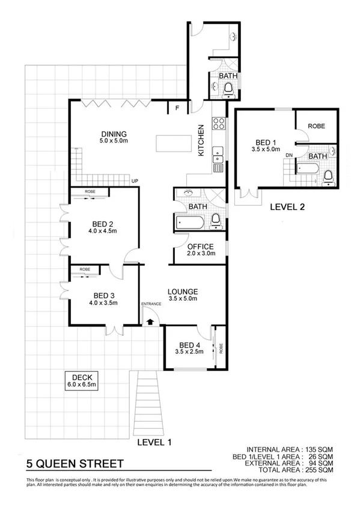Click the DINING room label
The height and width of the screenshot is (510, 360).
pos(113,134)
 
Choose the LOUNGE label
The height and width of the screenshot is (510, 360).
pos(183,292)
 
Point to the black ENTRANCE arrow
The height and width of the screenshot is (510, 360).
pos(150,322)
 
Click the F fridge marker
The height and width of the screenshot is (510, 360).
pos(177,109)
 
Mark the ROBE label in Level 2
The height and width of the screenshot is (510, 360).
pos(316,126)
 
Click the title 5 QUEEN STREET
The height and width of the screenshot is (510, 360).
pos(75,464)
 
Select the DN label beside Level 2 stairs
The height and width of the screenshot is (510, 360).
pos(289,155)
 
